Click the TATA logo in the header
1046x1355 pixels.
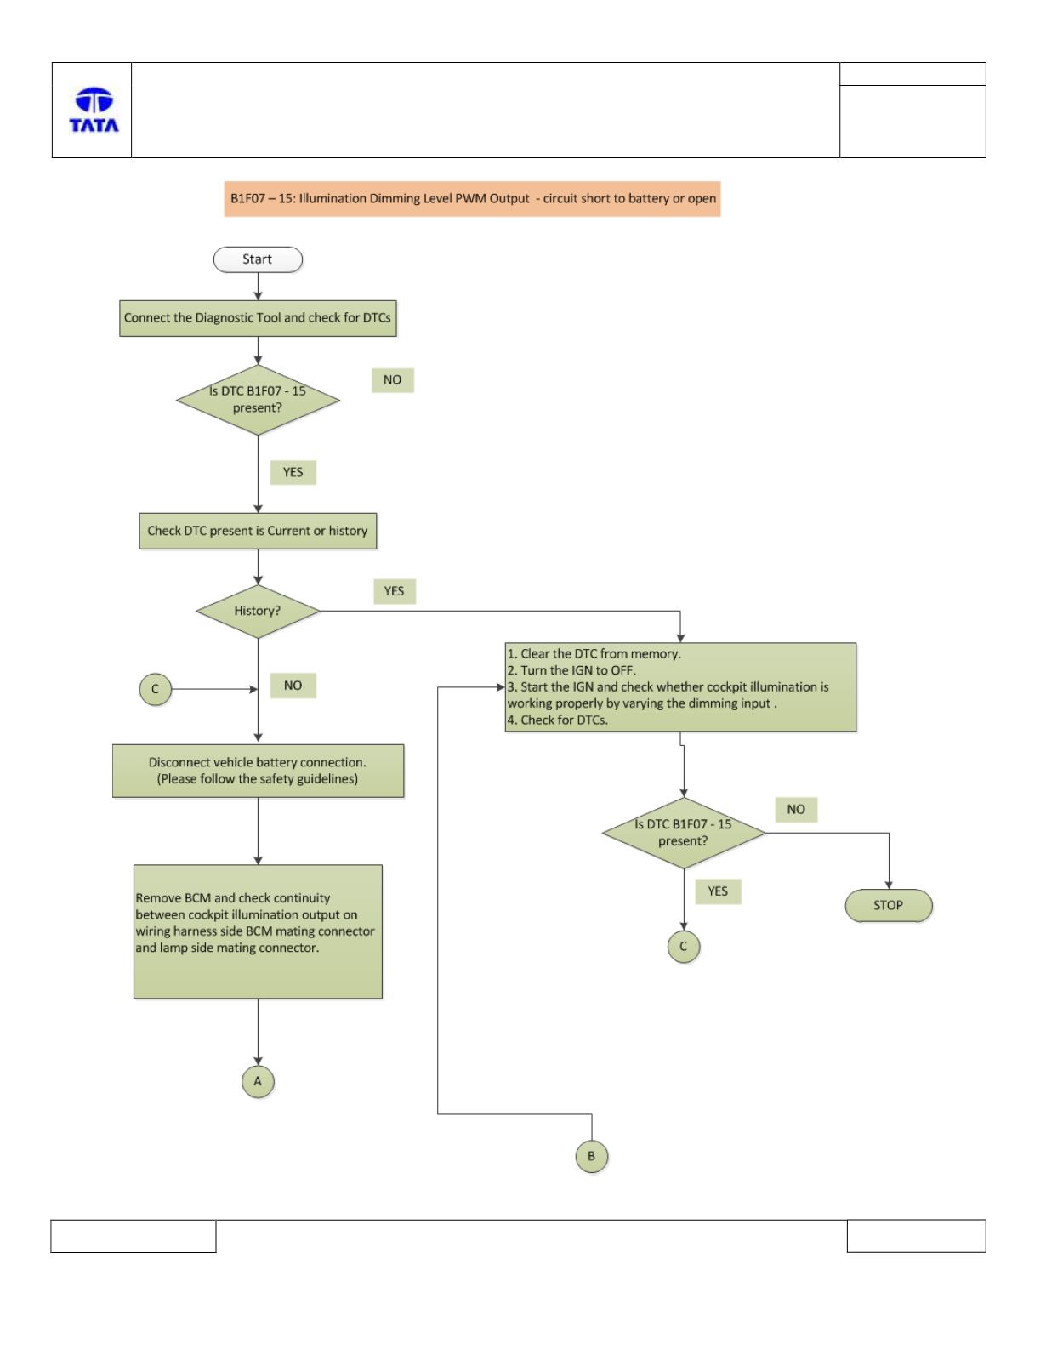tap(94, 110)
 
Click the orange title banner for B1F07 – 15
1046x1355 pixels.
tap(472, 199)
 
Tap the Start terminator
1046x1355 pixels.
tap(258, 259)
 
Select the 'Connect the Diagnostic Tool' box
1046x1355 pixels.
tap(258, 318)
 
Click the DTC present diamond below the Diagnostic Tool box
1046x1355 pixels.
tap(258, 400)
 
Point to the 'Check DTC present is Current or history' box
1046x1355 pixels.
tap(258, 531)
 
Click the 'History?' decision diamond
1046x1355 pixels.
tap(258, 611)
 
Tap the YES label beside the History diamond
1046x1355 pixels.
tap(395, 591)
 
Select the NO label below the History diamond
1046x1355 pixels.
tap(293, 686)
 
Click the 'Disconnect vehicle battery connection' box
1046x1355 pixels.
tap(258, 771)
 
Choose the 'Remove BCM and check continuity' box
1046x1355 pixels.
tap(258, 931)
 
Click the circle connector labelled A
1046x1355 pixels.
tap(258, 1081)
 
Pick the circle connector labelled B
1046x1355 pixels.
tap(592, 1156)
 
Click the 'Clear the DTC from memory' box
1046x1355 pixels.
tap(680, 686)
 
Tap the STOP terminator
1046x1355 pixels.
tap(889, 905)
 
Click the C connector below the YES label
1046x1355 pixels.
tap(683, 947)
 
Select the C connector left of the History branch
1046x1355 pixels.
tap(156, 689)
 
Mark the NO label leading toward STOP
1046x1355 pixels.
tap(796, 810)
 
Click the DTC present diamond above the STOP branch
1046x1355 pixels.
tap(683, 833)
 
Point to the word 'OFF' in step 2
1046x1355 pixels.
tap(622, 670)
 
